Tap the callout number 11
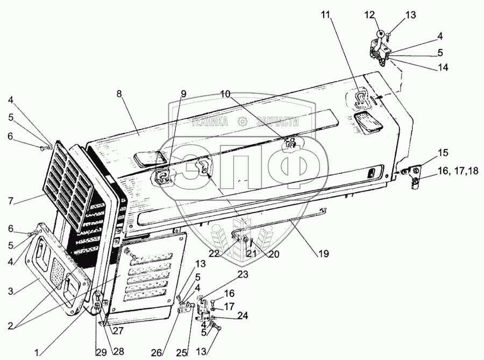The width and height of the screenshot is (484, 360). coord(326,16)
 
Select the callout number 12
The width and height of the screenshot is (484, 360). coord(369,15)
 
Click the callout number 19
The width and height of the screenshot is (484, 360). coord(324,253)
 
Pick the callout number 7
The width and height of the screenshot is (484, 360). coord(11,201)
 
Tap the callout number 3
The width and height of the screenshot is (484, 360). coord(11,291)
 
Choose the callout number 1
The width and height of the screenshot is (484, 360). coord(37,352)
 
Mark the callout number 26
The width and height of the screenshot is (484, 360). coord(157,352)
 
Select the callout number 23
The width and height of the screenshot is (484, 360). coord(243,274)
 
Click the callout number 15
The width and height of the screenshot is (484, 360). coord(443,153)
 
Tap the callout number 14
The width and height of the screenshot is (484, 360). coord(443,67)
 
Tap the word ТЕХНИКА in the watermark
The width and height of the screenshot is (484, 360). coord(210,122)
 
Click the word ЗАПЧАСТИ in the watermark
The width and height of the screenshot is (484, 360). coord(277,122)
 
